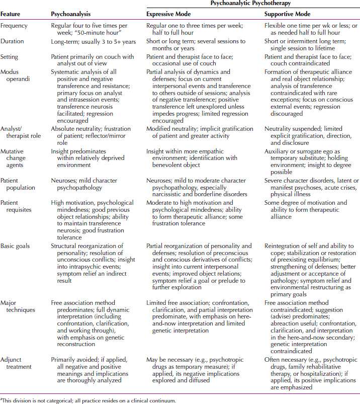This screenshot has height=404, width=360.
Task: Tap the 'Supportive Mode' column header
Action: [x=288, y=14]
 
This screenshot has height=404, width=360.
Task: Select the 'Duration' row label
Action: [x=14, y=41]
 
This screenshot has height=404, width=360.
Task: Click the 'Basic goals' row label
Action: [x=16, y=246]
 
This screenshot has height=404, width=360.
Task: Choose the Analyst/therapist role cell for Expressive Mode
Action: [x=200, y=133]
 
